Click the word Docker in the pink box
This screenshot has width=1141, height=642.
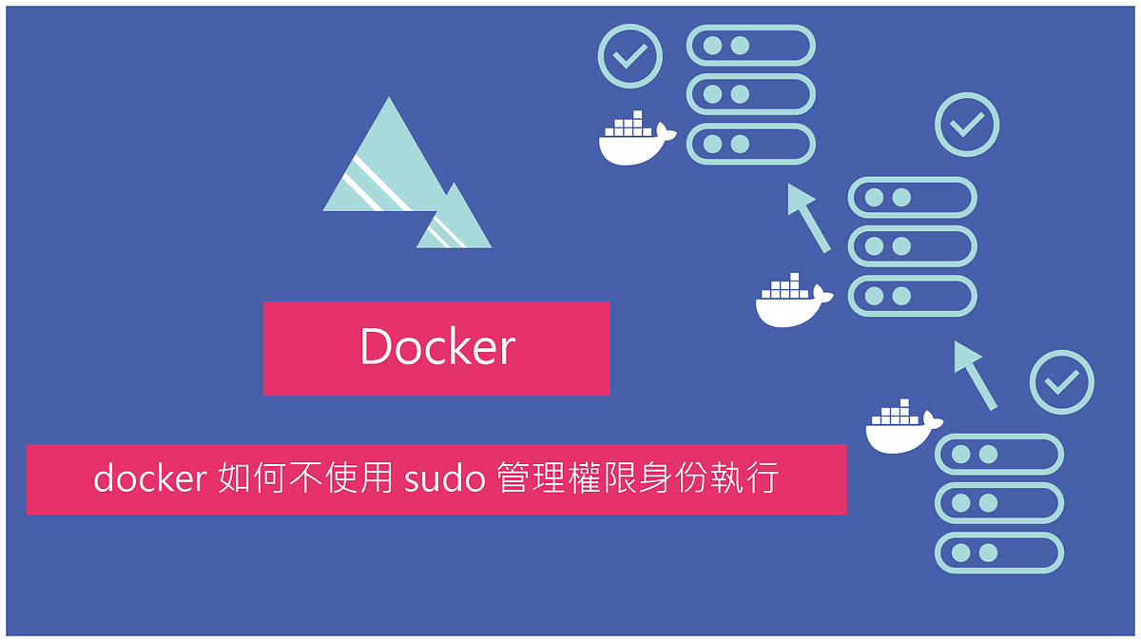point(437,347)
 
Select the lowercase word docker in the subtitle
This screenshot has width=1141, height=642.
point(149,478)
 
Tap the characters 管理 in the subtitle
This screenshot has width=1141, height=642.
point(532,478)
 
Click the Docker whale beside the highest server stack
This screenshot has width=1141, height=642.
point(634,141)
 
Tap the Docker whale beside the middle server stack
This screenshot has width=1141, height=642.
point(792,301)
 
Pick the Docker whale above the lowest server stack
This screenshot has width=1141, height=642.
point(901,428)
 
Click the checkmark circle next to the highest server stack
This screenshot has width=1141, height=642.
point(629,57)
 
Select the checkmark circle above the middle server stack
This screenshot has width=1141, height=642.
point(967,124)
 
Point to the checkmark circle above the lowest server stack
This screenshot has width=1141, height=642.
point(1061,382)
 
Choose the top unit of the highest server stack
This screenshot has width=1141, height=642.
point(751,45)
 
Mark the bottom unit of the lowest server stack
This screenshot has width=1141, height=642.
point(998,553)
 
